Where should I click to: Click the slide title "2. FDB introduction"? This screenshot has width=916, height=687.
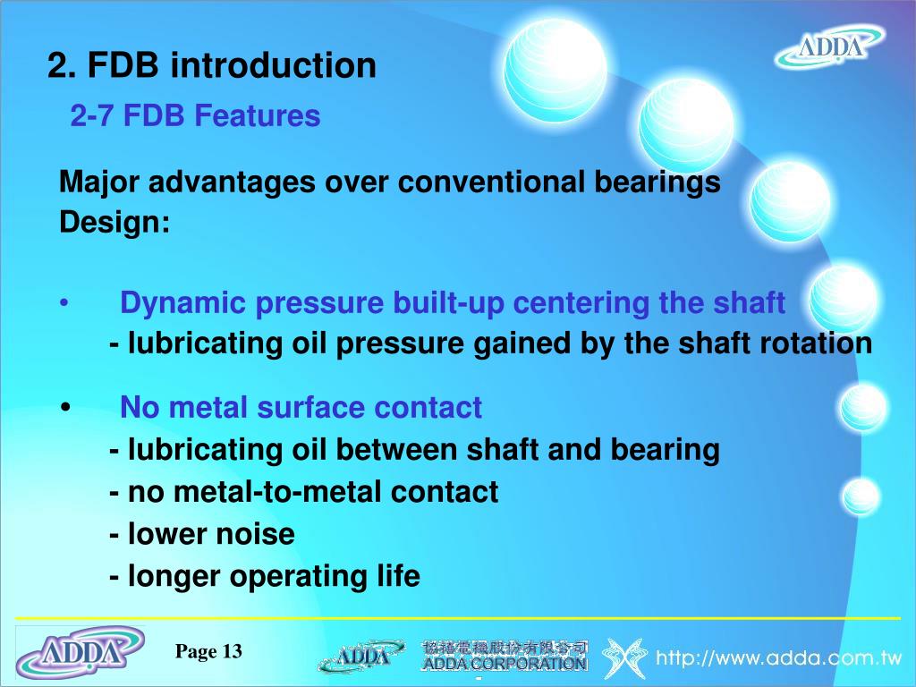[x=212, y=65]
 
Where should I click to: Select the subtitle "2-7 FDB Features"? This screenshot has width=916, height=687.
[x=195, y=115]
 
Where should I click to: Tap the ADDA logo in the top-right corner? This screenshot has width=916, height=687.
[x=830, y=47]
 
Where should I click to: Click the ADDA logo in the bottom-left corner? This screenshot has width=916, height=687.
[x=81, y=652]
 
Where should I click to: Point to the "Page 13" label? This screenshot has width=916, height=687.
[x=208, y=651]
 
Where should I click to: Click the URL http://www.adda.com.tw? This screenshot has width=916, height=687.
[x=778, y=659]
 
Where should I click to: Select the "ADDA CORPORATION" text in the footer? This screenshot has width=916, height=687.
[x=505, y=664]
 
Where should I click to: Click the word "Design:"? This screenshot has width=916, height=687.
[x=114, y=223]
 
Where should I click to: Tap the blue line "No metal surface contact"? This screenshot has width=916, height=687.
[x=301, y=408]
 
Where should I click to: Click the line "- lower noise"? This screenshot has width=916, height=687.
[x=202, y=534]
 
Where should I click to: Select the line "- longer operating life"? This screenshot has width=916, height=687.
[x=265, y=576]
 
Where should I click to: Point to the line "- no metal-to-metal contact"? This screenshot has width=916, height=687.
[x=304, y=492]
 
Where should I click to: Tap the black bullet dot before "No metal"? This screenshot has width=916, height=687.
[x=67, y=409]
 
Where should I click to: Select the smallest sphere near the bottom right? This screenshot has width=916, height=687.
[x=861, y=496]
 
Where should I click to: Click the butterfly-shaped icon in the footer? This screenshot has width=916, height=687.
[x=624, y=658]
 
